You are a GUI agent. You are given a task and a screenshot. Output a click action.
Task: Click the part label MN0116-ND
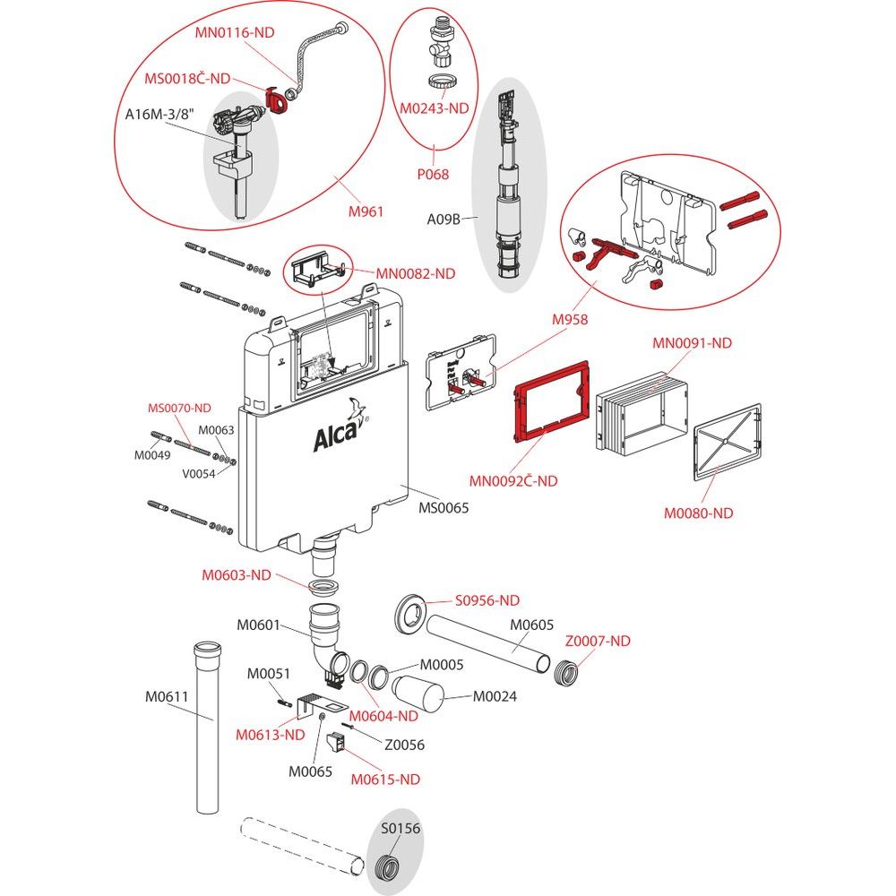tap(235, 33)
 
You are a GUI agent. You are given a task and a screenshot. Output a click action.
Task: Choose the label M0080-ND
tap(698, 513)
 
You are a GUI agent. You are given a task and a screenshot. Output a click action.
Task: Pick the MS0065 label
tap(444, 508)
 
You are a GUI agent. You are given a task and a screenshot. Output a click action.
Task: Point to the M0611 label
tap(167, 695)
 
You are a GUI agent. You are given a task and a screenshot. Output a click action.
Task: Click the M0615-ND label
tap(384, 779)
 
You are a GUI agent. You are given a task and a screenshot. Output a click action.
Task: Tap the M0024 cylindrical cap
tap(418, 697)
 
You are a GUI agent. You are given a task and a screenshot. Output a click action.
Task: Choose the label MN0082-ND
tap(415, 273)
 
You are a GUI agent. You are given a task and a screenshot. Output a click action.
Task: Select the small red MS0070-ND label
tap(179, 408)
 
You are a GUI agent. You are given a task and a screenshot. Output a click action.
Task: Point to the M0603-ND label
tap(236, 575)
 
